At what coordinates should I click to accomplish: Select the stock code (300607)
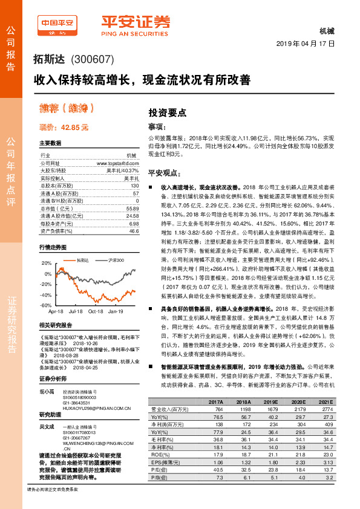pos(93,60)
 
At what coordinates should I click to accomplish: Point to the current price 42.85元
pos(64,128)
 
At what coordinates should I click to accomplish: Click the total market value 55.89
pos(133,208)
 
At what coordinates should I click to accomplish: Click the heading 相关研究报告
pos(56,325)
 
